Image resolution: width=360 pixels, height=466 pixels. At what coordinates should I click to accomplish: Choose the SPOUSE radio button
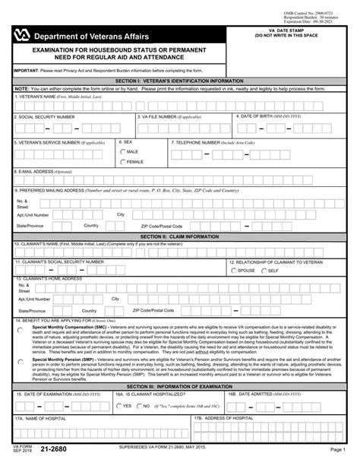pyautogui.click(x=233, y=270)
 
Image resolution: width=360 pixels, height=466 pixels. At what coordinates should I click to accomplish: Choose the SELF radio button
pyautogui.click(x=264, y=270)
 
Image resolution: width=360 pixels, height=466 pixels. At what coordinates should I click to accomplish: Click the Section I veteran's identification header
pyautogui.click(x=180, y=79)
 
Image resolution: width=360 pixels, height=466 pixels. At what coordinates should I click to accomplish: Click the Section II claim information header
pyautogui.click(x=180, y=236)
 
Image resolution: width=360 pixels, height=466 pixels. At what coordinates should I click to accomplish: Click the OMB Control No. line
pyautogui.click(x=317, y=6)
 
